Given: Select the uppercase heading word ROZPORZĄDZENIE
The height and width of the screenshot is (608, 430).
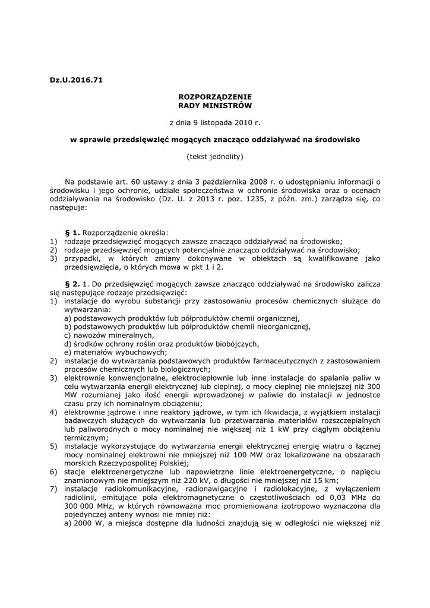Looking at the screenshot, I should click(x=215, y=97).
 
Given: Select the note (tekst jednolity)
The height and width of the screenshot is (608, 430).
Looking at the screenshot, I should click(x=215, y=157).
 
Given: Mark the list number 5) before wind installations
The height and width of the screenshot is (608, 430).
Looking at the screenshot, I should click(x=53, y=445).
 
